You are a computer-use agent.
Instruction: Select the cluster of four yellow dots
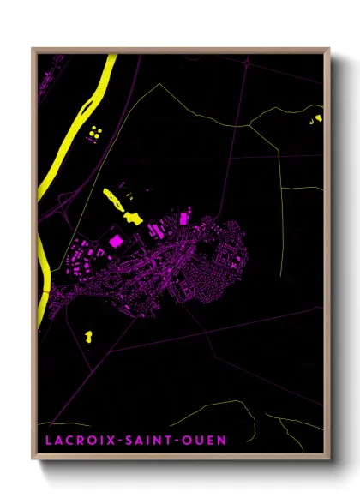93,132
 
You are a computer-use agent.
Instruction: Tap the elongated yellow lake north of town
120,205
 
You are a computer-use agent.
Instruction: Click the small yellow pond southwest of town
89,334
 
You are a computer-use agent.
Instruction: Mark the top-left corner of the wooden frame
33,49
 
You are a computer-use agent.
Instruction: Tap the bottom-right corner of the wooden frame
328,459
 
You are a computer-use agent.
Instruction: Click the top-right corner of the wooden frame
328,49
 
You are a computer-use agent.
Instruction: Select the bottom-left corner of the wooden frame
33,459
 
